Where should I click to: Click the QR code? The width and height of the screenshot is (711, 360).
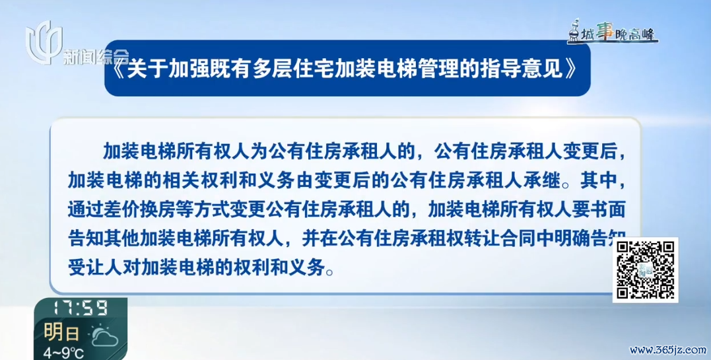645,270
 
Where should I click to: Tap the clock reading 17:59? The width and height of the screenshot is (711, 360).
81,308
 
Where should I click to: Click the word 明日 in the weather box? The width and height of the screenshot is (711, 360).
61,333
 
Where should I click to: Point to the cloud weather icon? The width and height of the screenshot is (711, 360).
105,336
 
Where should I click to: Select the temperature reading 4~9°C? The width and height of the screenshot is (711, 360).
63,353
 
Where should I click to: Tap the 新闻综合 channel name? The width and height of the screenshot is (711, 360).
96,57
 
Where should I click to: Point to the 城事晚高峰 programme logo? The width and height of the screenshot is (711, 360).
613,32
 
